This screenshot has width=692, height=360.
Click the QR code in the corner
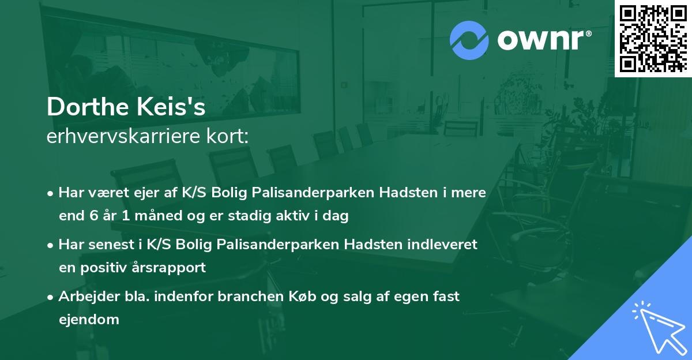pyautogui.click(x=653, y=38)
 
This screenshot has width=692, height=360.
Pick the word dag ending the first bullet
pyautogui.click(x=338, y=216)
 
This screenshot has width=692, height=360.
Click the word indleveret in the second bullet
pyautogui.click(x=444, y=245)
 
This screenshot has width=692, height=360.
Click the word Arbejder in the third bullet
pyautogui.click(x=86, y=297)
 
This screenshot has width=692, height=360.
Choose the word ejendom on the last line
pyautogui.click(x=89, y=320)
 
